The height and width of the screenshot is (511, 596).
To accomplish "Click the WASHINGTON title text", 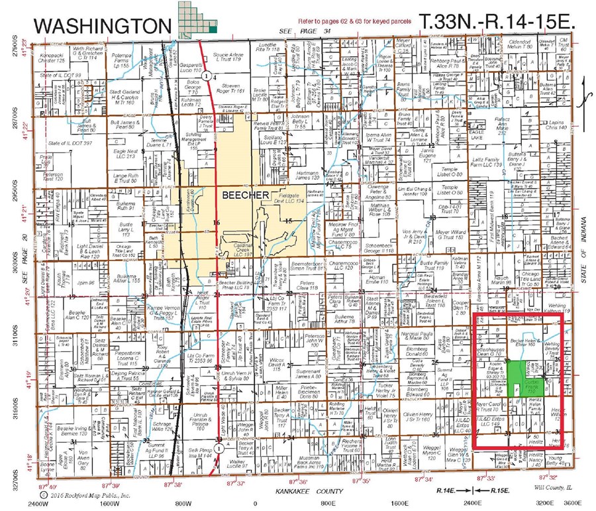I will [x=101, y=25].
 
